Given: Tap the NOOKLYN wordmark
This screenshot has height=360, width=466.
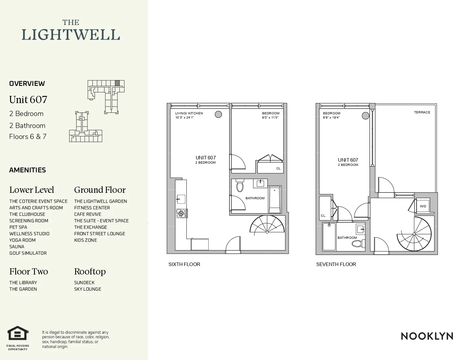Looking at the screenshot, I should click(427, 336).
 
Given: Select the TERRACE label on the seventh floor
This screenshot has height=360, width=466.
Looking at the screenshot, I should click(422, 112).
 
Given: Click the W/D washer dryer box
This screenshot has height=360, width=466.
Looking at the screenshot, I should click(423, 206).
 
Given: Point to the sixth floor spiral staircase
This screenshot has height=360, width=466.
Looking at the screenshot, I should click(267, 229).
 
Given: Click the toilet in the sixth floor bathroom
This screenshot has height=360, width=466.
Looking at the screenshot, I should click(240, 186).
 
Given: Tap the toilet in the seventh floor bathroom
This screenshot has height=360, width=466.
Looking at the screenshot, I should click(358, 243).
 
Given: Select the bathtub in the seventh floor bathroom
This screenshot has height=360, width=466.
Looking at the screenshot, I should click(329, 237).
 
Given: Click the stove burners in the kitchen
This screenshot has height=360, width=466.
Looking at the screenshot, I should click(181, 213).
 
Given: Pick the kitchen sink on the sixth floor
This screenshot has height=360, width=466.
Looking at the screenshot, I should click(181, 199).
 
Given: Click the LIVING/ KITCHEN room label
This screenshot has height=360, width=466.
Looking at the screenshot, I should click(189, 113).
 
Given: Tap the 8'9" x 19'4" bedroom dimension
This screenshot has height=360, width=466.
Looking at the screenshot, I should click(331, 118).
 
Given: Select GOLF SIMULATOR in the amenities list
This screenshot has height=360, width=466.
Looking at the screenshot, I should click(28, 253).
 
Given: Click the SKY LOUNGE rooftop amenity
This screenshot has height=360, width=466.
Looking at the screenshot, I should click(87, 289).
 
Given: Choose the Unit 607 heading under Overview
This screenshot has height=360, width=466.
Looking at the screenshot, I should click(28, 100).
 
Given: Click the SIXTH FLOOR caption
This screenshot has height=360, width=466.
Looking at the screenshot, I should click(184, 264).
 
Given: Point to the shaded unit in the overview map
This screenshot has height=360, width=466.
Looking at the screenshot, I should click(117, 83).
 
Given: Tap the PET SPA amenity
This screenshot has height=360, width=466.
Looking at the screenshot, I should click(18, 227).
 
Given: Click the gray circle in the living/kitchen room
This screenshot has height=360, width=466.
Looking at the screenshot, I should click(218, 114).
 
